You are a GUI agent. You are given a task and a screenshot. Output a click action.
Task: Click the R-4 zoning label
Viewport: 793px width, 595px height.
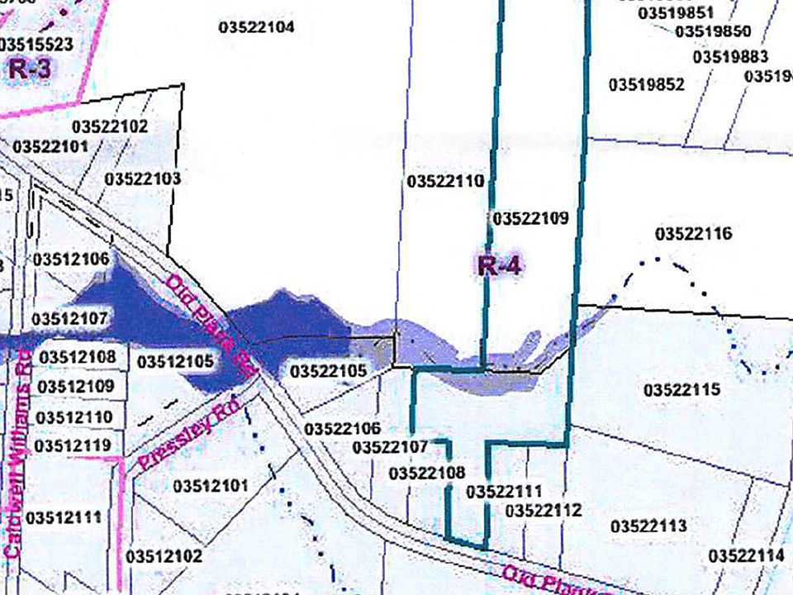click(x=501, y=266)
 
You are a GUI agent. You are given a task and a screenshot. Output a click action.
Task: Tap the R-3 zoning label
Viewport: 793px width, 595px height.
click(x=31, y=69)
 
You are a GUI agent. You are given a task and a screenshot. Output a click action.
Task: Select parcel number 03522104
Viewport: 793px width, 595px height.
click(x=257, y=27)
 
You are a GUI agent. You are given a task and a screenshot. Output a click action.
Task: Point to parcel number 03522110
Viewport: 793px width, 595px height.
click(x=445, y=181)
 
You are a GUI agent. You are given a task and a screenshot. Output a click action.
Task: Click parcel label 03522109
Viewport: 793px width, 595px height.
click(x=529, y=219)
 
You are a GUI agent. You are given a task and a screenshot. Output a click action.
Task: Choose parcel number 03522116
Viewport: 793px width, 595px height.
click(x=694, y=234)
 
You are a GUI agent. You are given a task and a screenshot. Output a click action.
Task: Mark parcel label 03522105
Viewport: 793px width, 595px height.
click(x=328, y=372)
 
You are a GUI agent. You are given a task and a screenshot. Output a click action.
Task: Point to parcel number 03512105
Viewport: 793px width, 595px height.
click(x=175, y=362)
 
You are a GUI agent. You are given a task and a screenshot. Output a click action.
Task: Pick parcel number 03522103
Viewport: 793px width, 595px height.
click(x=143, y=178)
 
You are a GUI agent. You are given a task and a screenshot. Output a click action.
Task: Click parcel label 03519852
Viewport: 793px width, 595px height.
click(x=647, y=84)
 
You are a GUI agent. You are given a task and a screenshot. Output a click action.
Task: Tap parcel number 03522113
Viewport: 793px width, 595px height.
click(x=649, y=526)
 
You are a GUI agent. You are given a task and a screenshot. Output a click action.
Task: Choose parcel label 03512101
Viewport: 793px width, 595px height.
click(x=211, y=487)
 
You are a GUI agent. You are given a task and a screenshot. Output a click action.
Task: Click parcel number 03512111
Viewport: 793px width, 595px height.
click(x=64, y=518)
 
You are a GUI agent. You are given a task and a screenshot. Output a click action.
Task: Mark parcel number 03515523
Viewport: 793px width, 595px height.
click(x=37, y=44)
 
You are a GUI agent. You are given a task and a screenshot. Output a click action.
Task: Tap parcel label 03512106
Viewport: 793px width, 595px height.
click(x=71, y=259)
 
